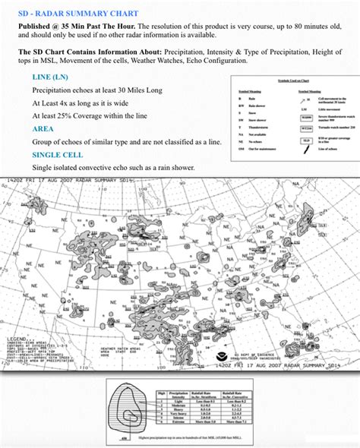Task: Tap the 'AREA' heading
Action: pos(43,128)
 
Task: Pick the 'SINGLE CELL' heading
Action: pos(57,154)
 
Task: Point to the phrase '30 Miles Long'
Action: pos(141,90)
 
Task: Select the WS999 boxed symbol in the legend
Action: pos(305,118)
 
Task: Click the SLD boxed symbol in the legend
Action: pos(305,140)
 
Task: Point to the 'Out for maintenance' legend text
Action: pos(263,149)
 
